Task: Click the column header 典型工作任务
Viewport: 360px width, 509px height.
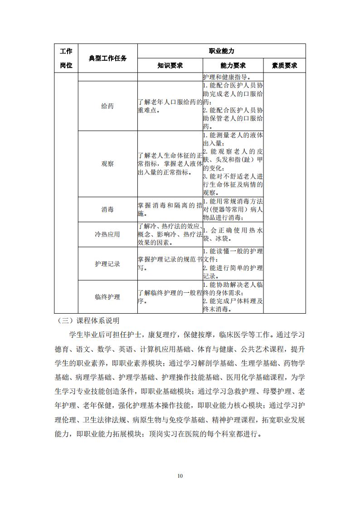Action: coord(107,58)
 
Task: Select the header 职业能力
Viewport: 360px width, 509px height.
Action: coord(221,51)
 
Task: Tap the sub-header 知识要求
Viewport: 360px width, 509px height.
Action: coord(170,65)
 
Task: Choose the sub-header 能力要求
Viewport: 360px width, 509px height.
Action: coord(233,65)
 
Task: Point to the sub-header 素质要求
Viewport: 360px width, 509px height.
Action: coord(284,65)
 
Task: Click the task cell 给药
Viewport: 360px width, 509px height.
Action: coord(107,106)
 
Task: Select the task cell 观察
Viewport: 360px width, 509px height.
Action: coord(107,164)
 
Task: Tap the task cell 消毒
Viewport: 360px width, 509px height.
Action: coord(107,209)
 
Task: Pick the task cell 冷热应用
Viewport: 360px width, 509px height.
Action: coord(107,234)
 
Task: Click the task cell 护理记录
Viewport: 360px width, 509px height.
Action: coord(107,264)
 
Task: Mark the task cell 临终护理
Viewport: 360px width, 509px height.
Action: coord(107,297)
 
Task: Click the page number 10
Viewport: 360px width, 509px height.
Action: coord(180,476)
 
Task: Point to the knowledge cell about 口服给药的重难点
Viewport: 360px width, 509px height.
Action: coord(170,106)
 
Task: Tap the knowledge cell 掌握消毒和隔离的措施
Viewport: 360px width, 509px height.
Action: coord(170,209)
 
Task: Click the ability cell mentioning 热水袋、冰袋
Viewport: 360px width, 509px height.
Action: coord(233,234)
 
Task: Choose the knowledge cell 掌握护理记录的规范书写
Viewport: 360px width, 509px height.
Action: coord(170,264)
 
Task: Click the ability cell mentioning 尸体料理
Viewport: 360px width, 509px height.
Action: coord(233,297)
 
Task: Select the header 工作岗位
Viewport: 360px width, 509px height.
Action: coord(66,58)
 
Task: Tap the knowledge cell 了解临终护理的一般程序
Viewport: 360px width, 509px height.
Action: coord(170,297)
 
